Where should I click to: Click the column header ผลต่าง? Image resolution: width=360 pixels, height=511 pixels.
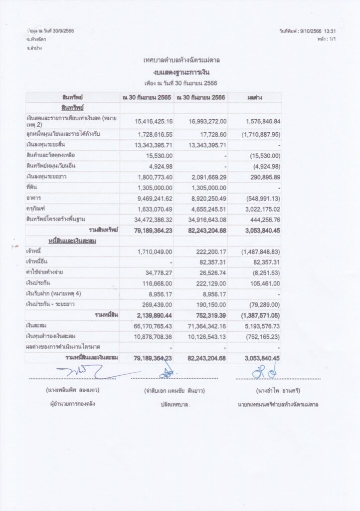pos(254,97)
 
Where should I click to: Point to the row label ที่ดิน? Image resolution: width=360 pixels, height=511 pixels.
pos(32,187)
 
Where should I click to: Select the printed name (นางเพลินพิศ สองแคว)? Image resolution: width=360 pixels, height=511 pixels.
pos(73,389)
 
